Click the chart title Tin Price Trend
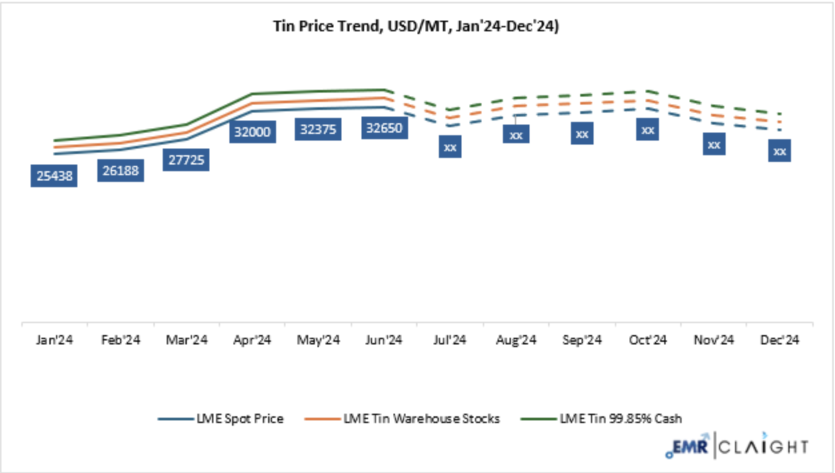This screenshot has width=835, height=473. click(416, 26)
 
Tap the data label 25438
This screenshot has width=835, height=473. click(55, 177)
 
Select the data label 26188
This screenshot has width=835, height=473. click(121, 171)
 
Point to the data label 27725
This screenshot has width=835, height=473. click(187, 160)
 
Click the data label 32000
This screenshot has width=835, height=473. click(252, 131)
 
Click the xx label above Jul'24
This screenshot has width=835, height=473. click(450, 147)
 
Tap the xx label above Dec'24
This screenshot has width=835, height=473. click(779, 151)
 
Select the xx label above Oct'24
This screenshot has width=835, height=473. click(647, 130)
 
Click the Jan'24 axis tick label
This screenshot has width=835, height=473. click(55, 340)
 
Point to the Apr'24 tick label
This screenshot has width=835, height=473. click(252, 340)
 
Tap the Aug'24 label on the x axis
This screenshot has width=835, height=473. click(516, 340)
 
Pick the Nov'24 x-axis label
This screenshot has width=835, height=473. click(714, 340)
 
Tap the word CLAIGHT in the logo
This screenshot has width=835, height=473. click(764, 446)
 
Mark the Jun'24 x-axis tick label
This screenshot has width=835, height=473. click(383, 340)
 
